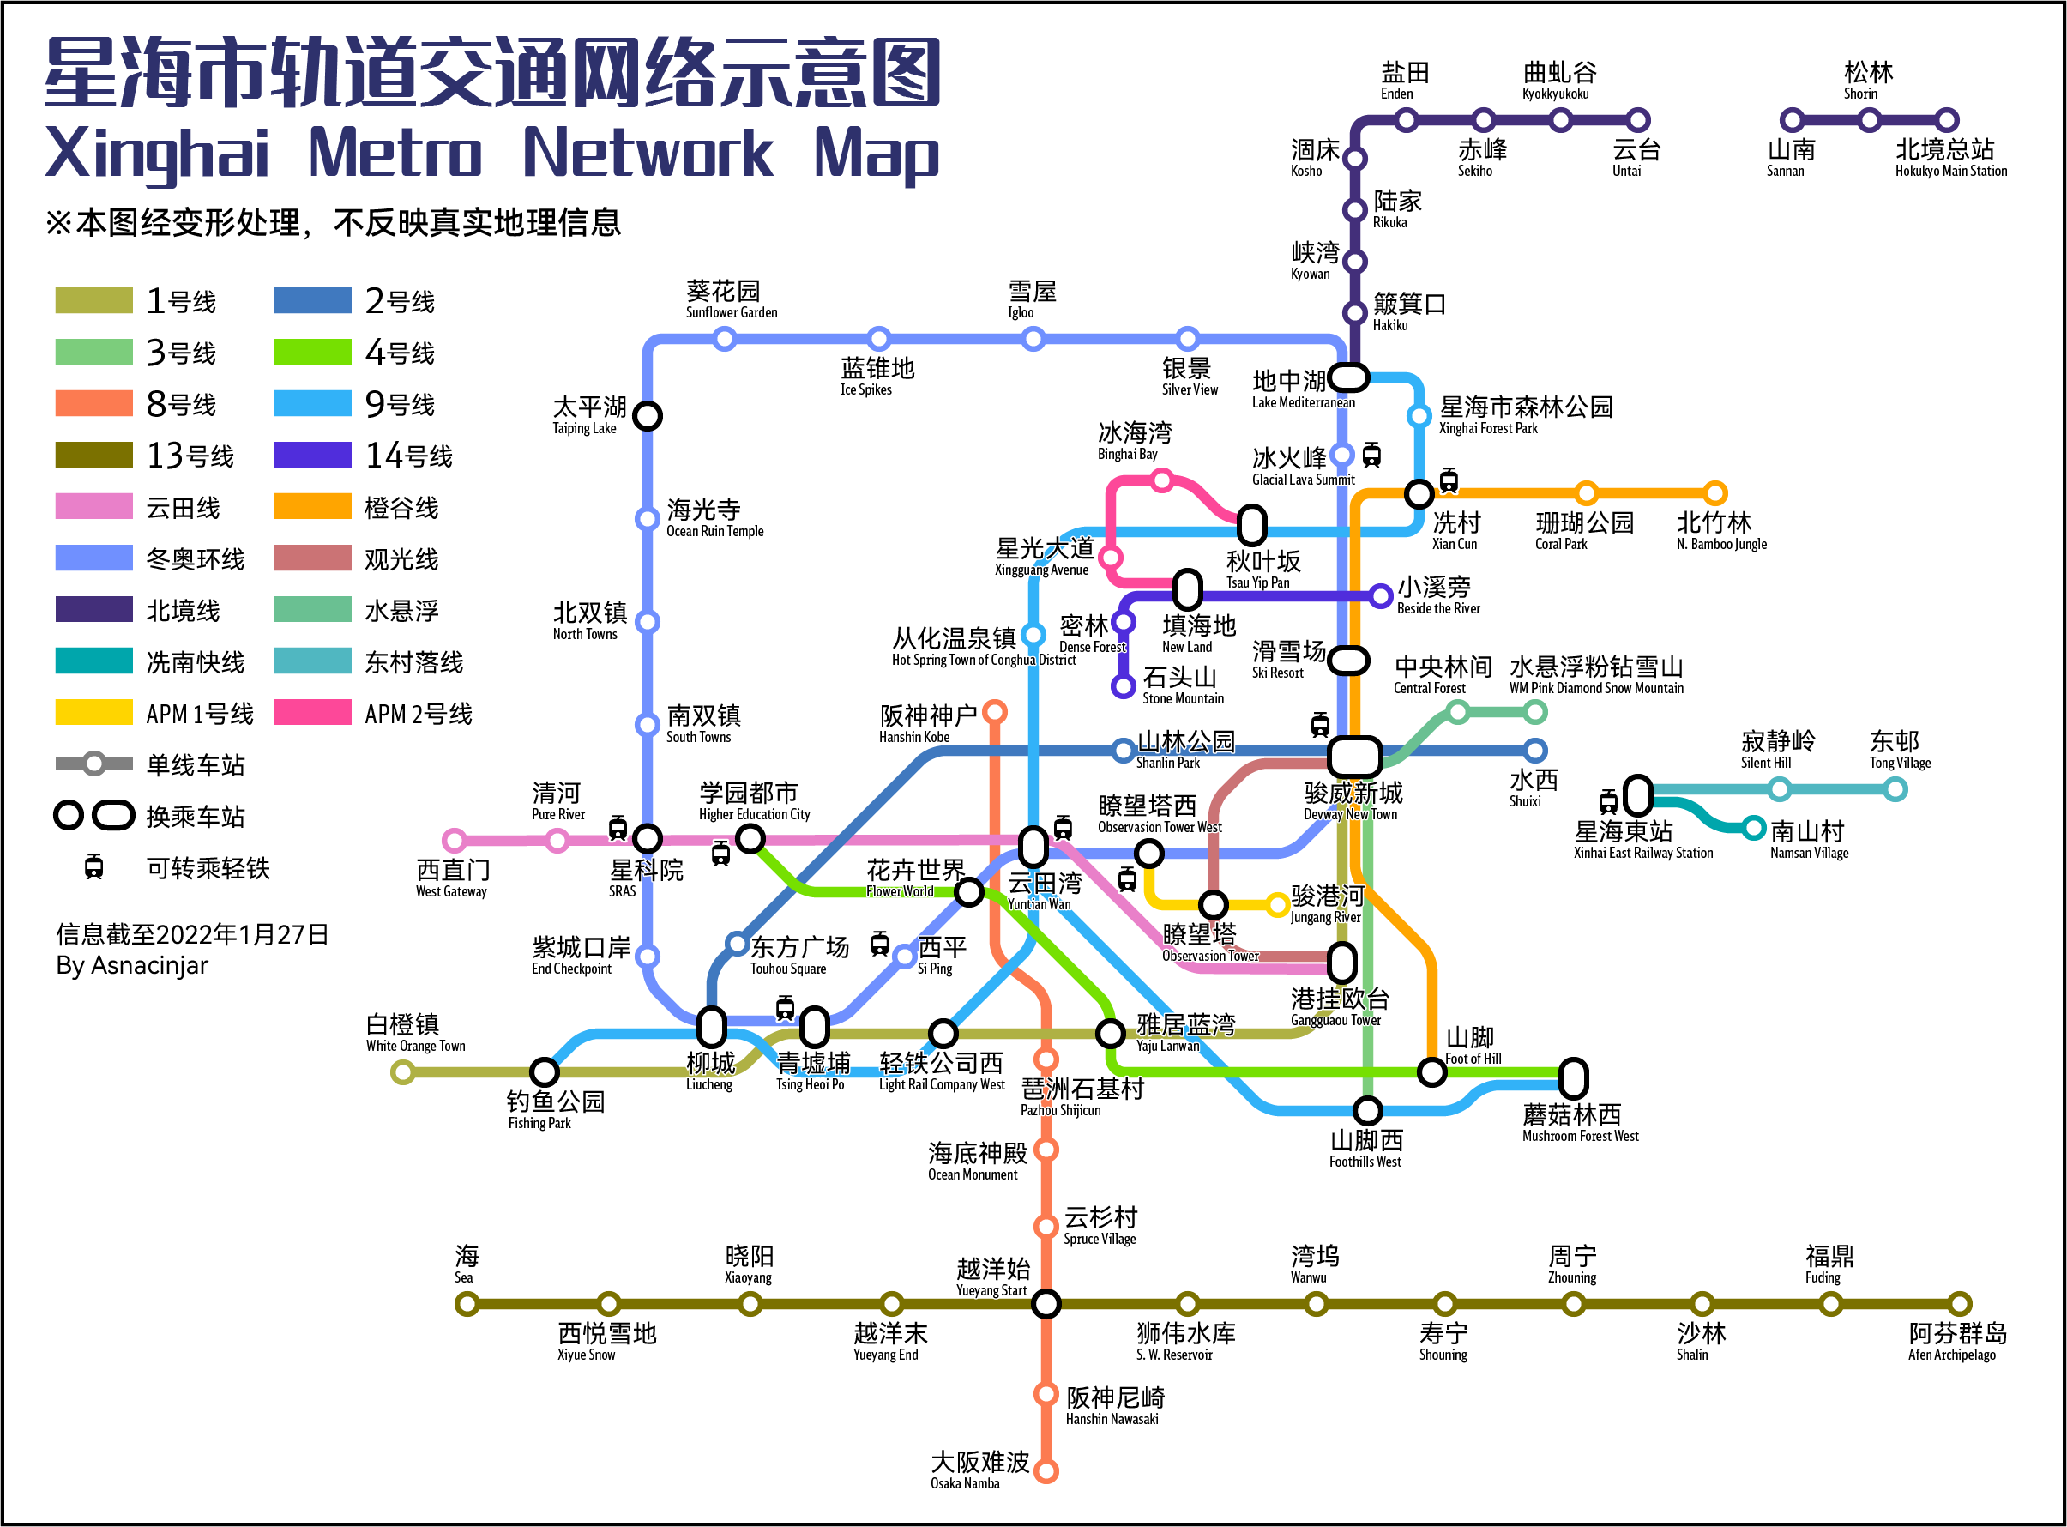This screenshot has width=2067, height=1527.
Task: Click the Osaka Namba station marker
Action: click(1046, 1470)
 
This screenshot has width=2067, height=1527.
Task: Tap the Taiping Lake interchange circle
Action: click(648, 416)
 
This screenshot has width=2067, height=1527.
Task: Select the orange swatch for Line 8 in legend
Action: click(93, 404)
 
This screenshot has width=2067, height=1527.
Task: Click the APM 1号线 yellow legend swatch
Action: click(93, 713)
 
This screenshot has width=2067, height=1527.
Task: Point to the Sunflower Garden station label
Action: click(731, 300)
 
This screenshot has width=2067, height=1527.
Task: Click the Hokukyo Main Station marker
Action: click(1947, 120)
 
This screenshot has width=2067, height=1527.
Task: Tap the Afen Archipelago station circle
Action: click(1959, 1304)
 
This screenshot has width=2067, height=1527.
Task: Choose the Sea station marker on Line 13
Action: click(467, 1304)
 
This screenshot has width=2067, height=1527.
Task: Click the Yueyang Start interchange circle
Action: click(1046, 1304)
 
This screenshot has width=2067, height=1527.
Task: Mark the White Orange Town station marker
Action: click(402, 1072)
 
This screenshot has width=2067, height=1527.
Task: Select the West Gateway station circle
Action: click(454, 840)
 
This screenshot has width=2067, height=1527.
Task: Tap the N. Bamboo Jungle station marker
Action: click(1715, 492)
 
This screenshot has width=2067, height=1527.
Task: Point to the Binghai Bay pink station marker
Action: click(1162, 480)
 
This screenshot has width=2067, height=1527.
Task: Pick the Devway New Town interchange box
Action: click(1354, 756)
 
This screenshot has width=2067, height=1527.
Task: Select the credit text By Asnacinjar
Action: click(132, 965)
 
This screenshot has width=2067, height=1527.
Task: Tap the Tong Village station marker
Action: click(1895, 789)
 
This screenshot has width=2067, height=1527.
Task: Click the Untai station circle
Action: click(1638, 120)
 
